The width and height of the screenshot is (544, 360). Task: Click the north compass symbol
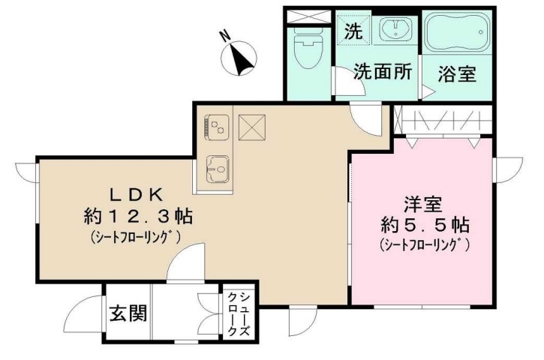[242, 57]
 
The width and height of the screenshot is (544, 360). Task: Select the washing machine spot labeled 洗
[353, 31]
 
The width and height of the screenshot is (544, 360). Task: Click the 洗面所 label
[383, 73]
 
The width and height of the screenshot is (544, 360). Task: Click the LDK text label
[137, 193]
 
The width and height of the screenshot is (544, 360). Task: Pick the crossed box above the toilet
[308, 16]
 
